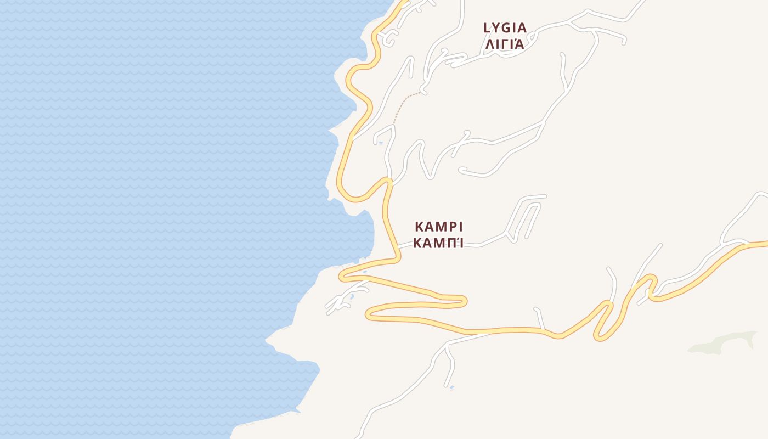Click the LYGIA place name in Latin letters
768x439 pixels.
click(505, 27)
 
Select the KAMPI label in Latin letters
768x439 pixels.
click(439, 227)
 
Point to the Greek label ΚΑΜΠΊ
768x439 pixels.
click(438, 243)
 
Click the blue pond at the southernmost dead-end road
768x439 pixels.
click(451, 388)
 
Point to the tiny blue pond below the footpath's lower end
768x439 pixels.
click(381, 143)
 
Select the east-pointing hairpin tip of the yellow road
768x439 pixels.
click(464, 300)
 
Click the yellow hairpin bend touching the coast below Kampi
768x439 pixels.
click(343, 275)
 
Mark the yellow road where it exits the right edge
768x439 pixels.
click(765, 244)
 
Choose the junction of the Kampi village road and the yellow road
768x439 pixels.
click(398, 247)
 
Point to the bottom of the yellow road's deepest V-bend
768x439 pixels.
click(600, 337)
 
